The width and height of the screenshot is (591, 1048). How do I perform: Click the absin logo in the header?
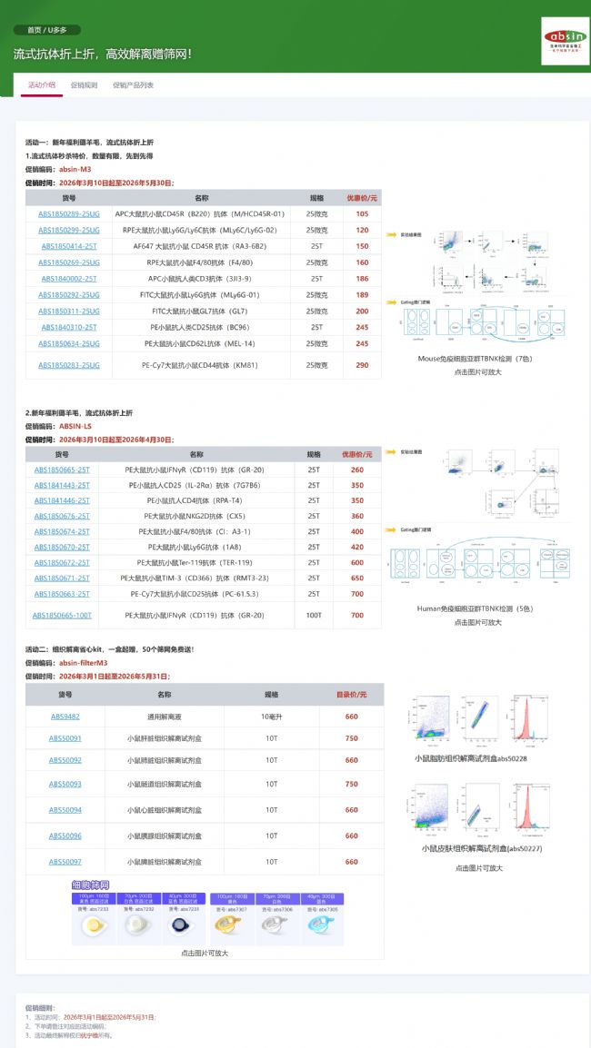(x=565, y=40)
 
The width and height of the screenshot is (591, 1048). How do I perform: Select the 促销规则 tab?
(x=84, y=85)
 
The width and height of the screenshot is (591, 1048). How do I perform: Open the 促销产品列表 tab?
(x=133, y=85)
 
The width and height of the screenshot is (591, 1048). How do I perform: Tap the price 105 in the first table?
(x=362, y=213)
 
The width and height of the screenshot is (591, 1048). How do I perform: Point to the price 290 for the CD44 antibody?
(x=362, y=365)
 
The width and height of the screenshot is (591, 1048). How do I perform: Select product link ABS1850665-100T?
(x=62, y=615)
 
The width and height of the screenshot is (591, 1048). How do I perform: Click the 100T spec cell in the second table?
(x=314, y=615)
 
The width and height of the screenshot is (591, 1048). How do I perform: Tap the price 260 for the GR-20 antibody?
(x=356, y=470)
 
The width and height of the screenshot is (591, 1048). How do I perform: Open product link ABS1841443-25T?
(x=62, y=485)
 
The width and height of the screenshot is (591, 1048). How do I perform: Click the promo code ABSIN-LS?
(x=75, y=425)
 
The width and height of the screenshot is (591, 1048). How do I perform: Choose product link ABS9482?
(x=65, y=716)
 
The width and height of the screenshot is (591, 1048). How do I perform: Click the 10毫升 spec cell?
(x=271, y=716)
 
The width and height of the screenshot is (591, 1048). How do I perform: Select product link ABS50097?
(x=65, y=861)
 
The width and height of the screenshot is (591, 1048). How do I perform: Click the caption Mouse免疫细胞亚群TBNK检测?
(x=472, y=359)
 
